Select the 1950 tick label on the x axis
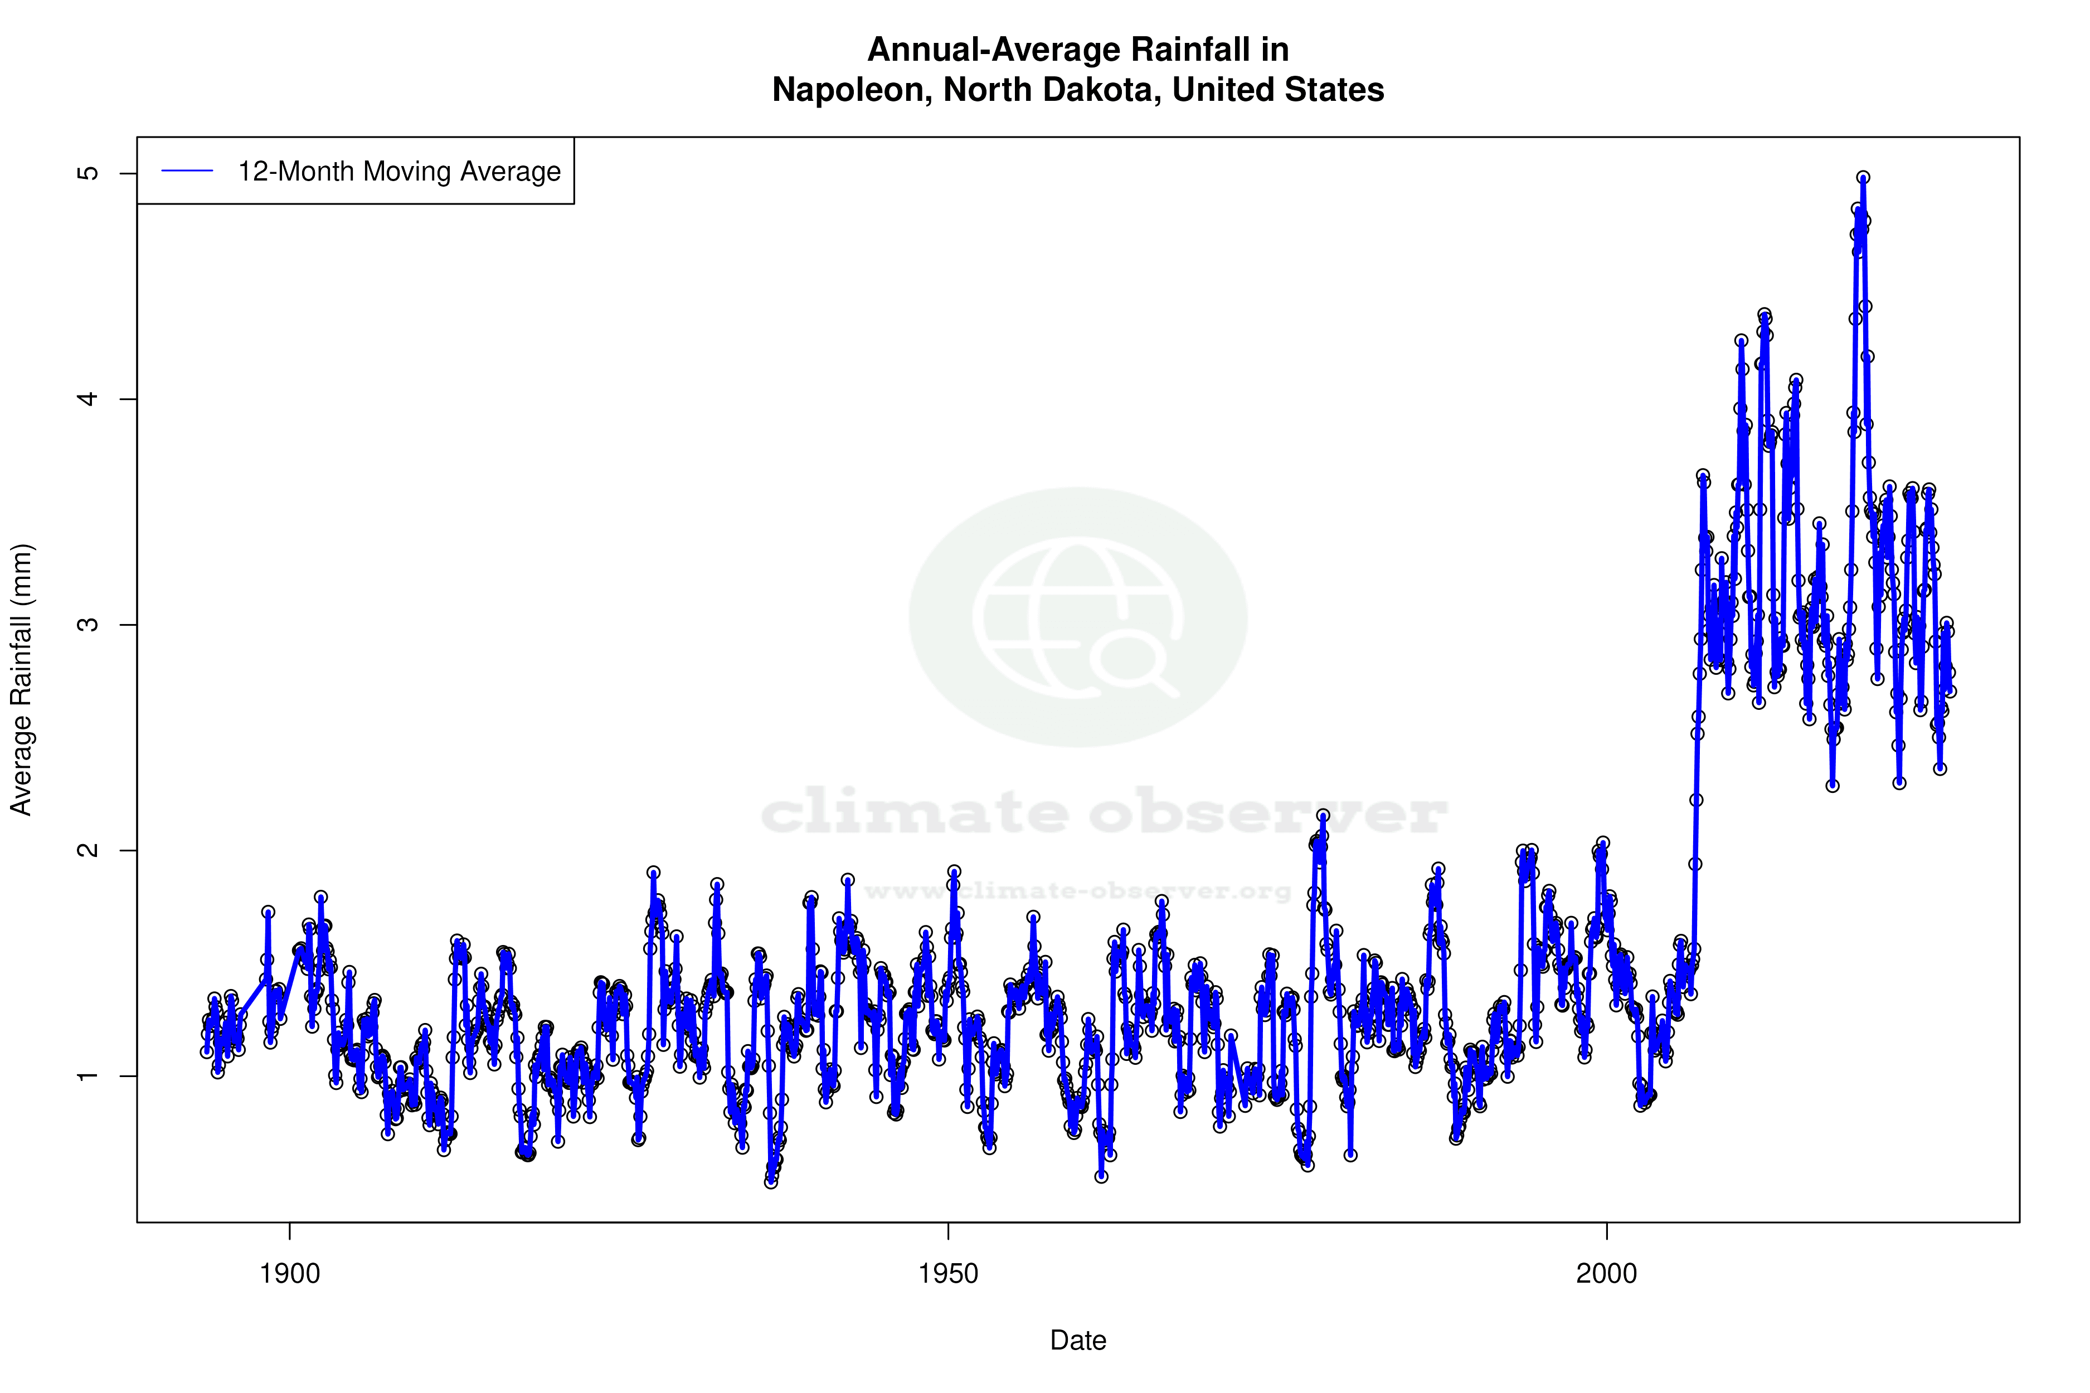[x=948, y=1274]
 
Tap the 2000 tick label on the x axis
[x=1607, y=1274]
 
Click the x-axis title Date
[x=1078, y=1341]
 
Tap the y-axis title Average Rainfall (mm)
[x=21, y=680]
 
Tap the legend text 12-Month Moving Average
[x=399, y=172]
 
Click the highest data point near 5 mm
[x=1863, y=178]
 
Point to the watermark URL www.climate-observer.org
[x=1078, y=891]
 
